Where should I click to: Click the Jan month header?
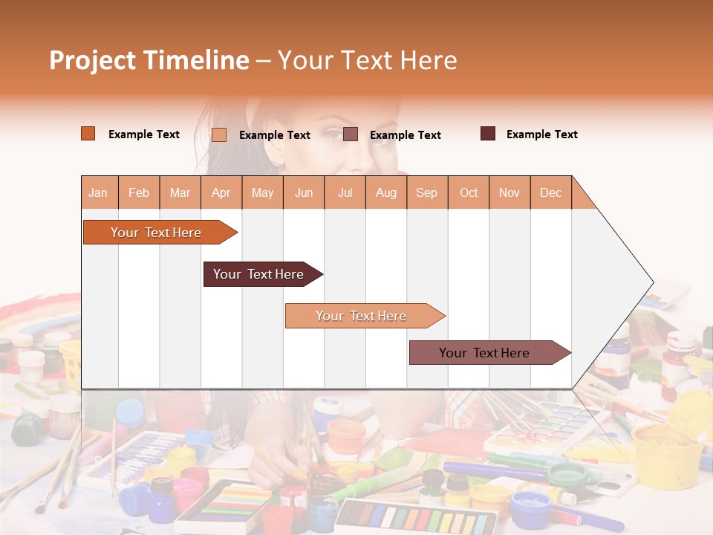pos(98,192)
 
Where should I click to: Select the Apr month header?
pos(221,192)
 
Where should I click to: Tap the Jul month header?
pos(345,192)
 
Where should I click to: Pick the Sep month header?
pos(426,192)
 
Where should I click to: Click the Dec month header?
pos(550,192)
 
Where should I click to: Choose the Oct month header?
pos(468,192)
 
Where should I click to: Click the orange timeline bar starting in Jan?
pos(157,233)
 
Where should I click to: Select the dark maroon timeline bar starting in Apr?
pos(259,274)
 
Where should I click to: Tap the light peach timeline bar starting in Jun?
pos(362,316)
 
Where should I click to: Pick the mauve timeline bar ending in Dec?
pos(485,353)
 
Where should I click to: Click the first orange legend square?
pos(88,134)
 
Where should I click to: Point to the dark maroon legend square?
pos(488,134)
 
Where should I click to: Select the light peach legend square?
pos(219,134)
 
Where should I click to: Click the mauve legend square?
pos(351,134)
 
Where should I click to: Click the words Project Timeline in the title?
pos(149,60)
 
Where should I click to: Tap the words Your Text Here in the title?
pos(367,60)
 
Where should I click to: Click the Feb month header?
pos(139,192)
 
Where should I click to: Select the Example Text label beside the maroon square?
pos(541,134)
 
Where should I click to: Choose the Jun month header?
pos(304,192)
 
